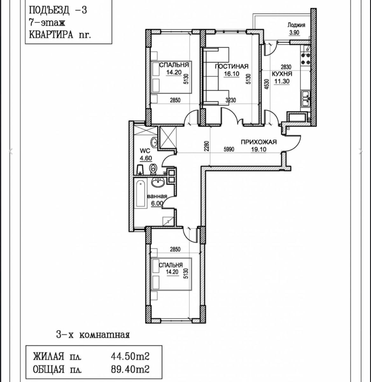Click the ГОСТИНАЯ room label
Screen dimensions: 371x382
pyautogui.click(x=232, y=66)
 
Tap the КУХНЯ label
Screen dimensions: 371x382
pyautogui.click(x=282, y=74)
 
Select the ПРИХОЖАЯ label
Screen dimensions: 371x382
pyautogui.click(x=259, y=142)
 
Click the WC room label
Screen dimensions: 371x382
pyautogui.click(x=145, y=151)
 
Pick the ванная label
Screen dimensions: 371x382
pyautogui.click(x=157, y=196)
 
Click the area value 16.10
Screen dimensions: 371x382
pyautogui.click(x=232, y=74)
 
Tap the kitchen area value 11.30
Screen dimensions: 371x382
pyautogui.click(x=282, y=81)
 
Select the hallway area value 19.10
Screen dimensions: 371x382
pyautogui.click(x=259, y=149)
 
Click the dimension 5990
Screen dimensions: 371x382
pyautogui.click(x=229, y=149)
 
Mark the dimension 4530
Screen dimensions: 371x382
pyautogui.click(x=266, y=84)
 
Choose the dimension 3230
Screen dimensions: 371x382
pyautogui.click(x=231, y=100)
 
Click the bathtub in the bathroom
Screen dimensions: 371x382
pyautogui.click(x=140, y=194)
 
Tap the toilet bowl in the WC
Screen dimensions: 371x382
pyautogui.click(x=152, y=169)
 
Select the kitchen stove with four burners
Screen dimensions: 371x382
pyautogui.click(x=305, y=59)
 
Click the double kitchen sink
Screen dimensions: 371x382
pyautogui.click(x=306, y=99)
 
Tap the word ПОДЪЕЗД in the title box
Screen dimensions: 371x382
pyautogui.click(x=49, y=10)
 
